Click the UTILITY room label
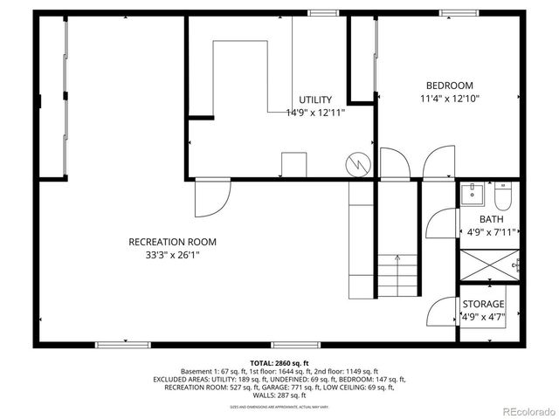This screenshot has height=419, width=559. click(315, 100)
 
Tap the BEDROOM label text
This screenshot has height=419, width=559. click(449, 86)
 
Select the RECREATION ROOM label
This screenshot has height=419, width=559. click(172, 242)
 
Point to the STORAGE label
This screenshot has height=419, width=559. click(483, 304)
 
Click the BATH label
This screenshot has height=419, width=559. click(491, 219)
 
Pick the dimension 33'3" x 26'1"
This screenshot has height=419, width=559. click(172, 255)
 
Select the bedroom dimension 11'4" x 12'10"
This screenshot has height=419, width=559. click(449, 99)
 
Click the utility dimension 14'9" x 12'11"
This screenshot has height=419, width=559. click(315, 113)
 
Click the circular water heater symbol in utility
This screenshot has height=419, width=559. click(357, 162)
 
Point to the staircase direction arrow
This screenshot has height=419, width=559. click(398, 259)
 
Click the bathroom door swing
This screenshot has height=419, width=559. click(441, 223)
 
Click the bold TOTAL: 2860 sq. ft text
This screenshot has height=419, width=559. click(279, 363)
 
